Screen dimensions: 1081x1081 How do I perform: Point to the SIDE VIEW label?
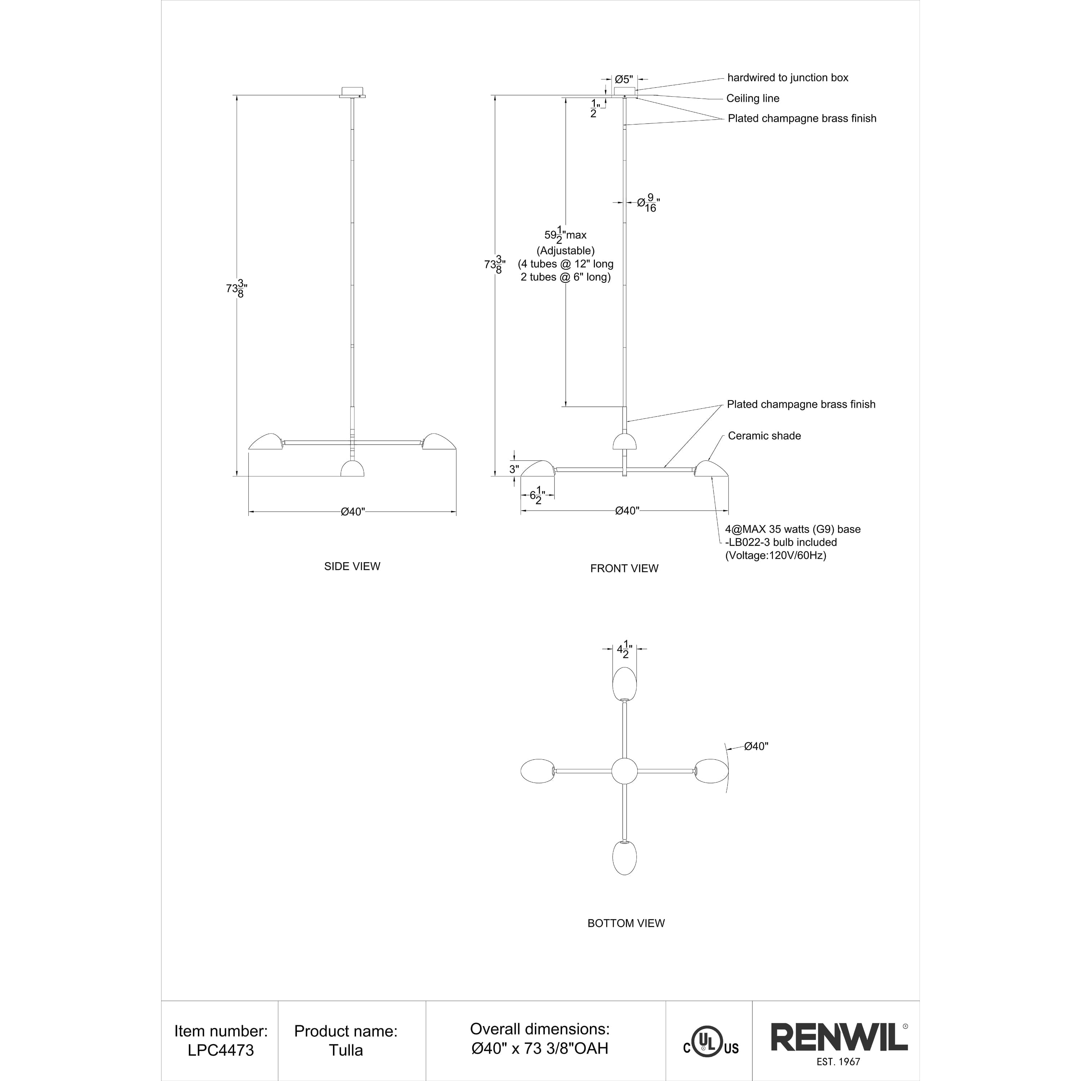(352, 566)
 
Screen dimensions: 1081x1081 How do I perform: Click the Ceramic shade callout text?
(764, 436)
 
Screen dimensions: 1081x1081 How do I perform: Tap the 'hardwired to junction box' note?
(787, 78)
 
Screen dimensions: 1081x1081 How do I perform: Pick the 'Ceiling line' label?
(753, 98)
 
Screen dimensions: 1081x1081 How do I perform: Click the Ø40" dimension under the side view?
(352, 512)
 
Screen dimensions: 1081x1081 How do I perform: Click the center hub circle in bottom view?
(624, 771)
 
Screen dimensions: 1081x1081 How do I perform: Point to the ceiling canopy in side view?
(352, 92)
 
